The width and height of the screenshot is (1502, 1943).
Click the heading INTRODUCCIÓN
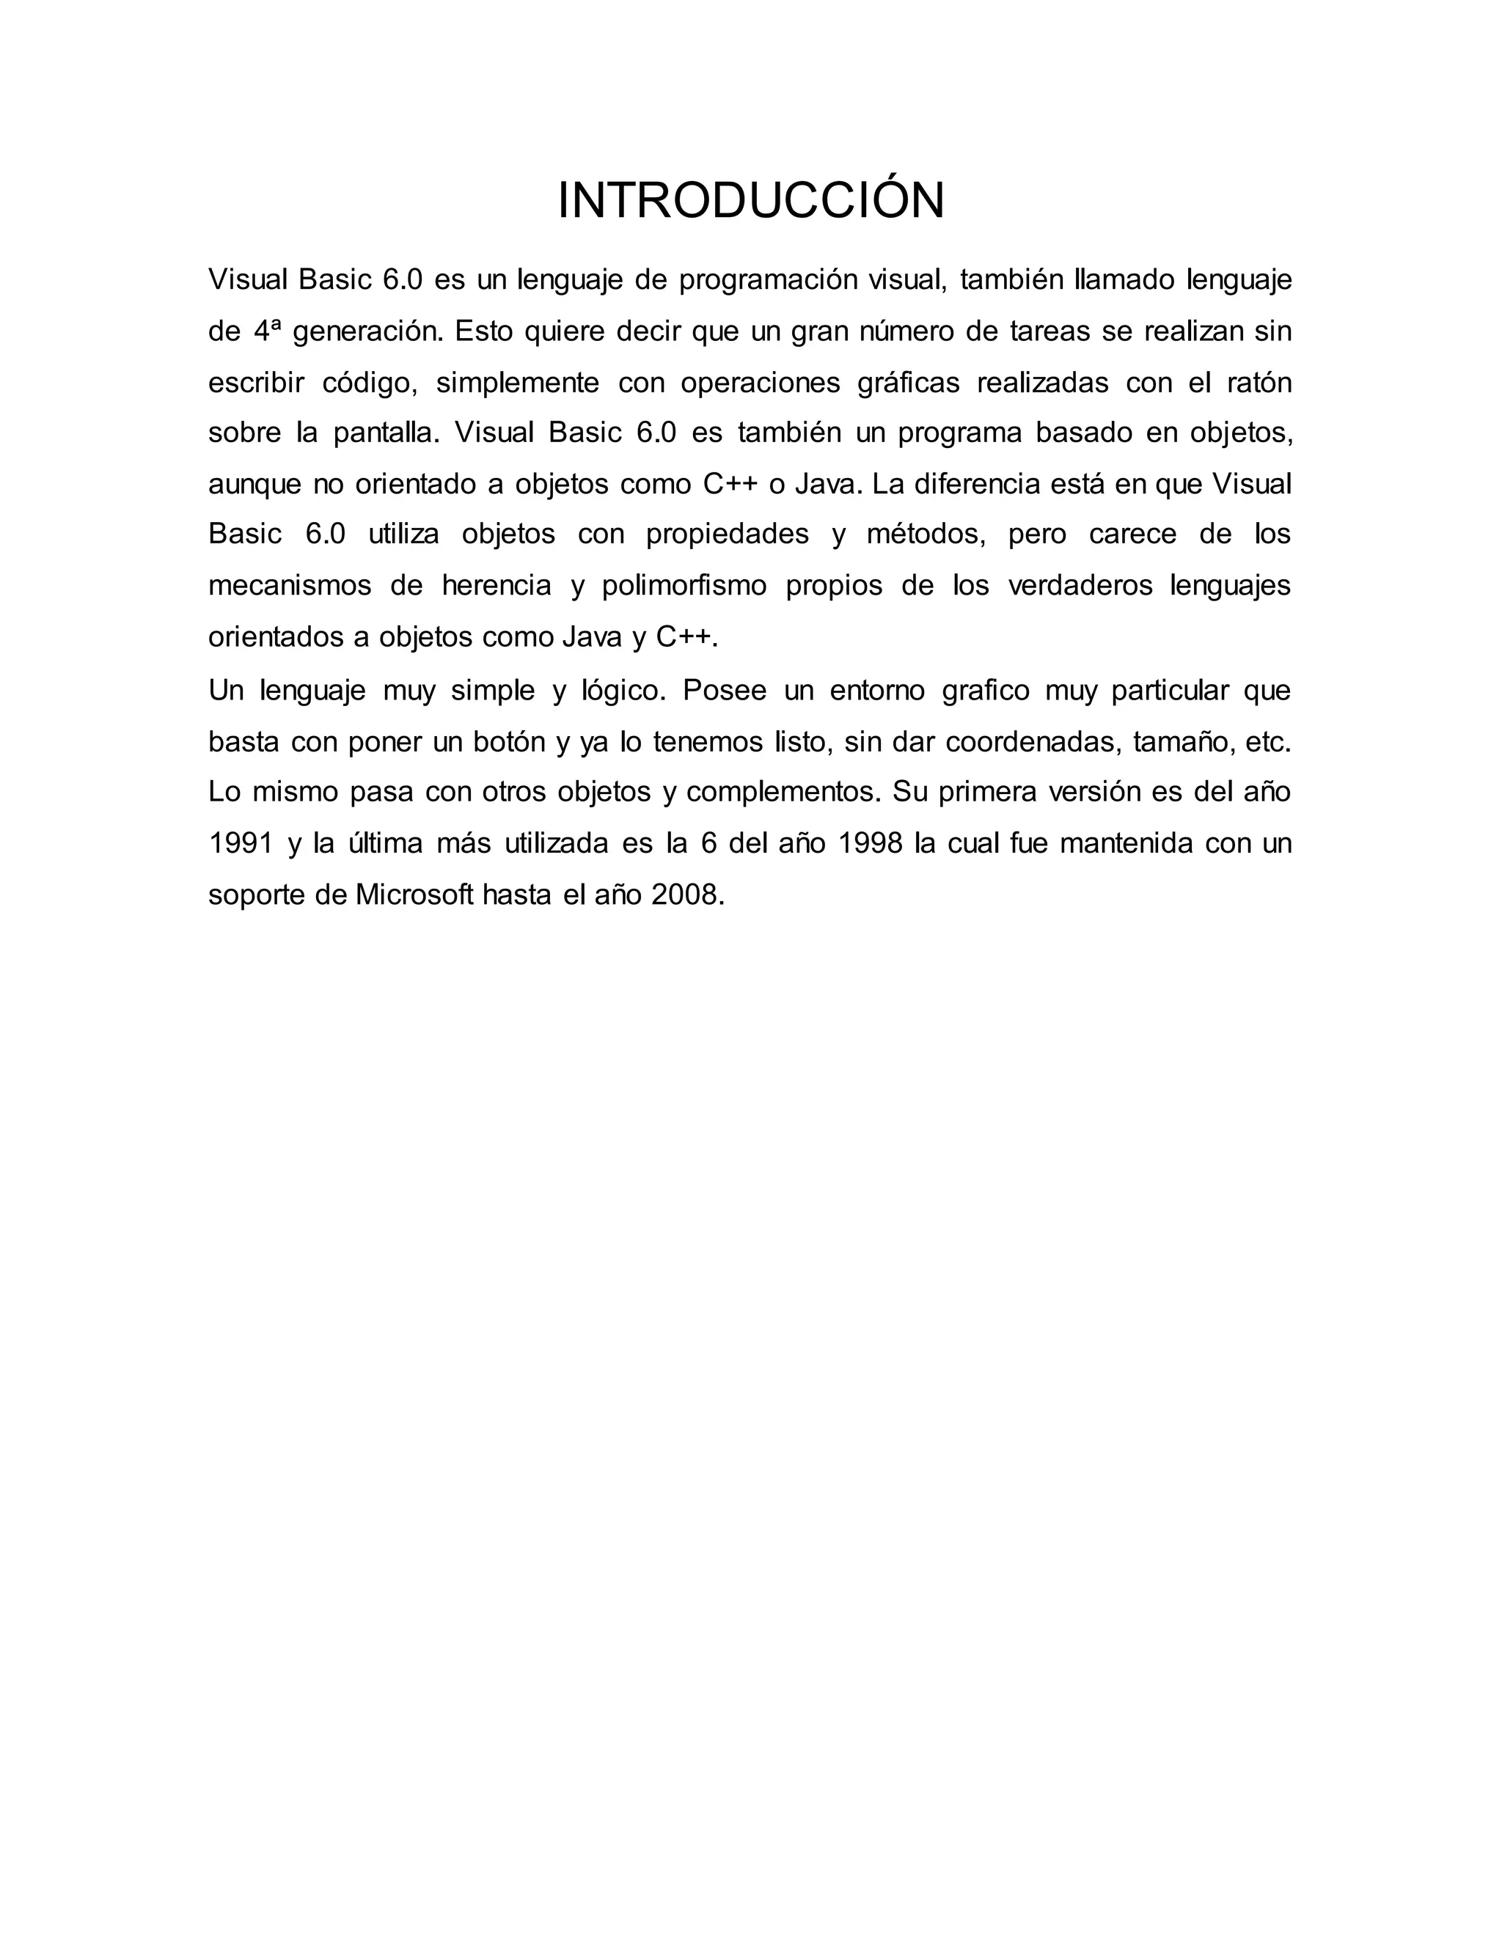pos(750,201)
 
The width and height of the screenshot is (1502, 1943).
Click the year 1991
pos(241,843)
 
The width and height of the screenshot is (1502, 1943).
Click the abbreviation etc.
pos(1268,742)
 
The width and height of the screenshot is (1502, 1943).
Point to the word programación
pos(767,281)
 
